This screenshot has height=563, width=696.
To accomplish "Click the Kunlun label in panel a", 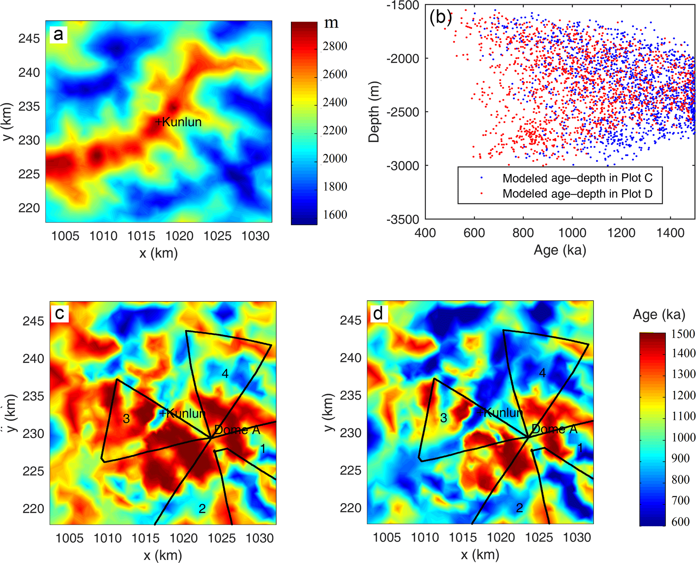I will [x=178, y=122].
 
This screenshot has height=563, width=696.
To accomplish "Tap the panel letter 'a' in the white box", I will [x=58, y=34].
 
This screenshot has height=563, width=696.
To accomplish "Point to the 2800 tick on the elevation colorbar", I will [x=335, y=46].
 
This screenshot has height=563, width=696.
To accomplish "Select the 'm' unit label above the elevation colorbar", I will [x=331, y=23].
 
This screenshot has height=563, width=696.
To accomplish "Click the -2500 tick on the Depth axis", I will [x=403, y=112].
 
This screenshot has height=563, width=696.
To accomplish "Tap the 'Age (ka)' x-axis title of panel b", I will [x=560, y=250].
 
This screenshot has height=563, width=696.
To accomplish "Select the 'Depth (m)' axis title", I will [x=374, y=112].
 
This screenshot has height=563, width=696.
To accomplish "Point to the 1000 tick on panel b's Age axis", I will [x=572, y=233].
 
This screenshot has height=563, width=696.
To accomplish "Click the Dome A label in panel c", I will [x=237, y=430].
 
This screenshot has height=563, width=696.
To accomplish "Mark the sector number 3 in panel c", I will [x=126, y=419].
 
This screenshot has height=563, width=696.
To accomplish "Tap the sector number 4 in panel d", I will [x=542, y=373].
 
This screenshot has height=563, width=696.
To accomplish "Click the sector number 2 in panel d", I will [x=520, y=508].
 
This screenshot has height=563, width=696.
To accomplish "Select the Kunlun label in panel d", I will [x=500, y=412].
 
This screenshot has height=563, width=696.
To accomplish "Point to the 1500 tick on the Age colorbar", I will [x=683, y=334].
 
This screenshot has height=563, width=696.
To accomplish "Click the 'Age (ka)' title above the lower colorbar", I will [x=659, y=314].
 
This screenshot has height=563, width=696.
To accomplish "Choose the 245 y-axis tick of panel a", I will [x=29, y=39].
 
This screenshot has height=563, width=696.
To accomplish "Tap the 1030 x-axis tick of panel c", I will [x=260, y=538].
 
